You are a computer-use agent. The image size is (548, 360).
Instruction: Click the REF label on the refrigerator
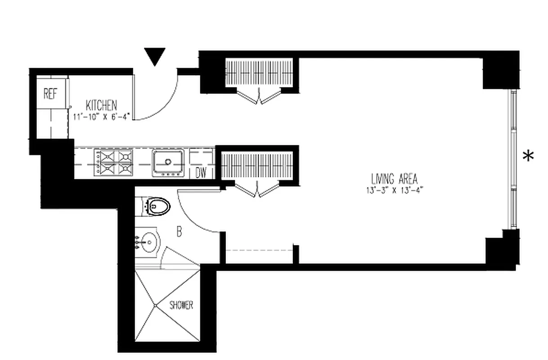[x=50, y=94]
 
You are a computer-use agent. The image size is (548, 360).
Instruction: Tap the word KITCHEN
[x=101, y=106]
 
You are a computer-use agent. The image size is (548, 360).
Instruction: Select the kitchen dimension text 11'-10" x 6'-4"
[x=102, y=117]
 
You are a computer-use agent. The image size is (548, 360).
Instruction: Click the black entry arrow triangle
[x=155, y=56]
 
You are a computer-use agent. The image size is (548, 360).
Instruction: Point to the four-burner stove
[x=114, y=162]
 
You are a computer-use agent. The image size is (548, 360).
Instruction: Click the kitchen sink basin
[x=168, y=162]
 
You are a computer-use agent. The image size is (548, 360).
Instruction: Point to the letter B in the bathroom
[x=179, y=233]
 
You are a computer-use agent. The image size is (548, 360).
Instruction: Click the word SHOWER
[x=181, y=305]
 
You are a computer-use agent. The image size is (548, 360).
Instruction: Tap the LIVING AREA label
[x=394, y=179]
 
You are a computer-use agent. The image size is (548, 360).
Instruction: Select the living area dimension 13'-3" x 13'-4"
[x=395, y=189]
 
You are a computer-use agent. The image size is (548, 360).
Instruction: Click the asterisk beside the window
[x=528, y=156]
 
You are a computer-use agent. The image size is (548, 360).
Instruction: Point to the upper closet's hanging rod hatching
[x=260, y=72]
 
